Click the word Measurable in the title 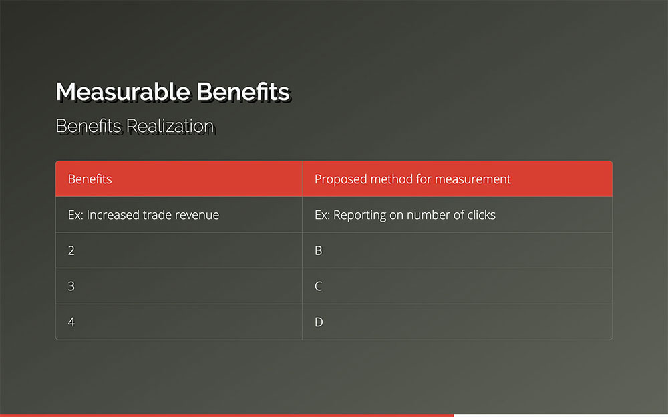123,92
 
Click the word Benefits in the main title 243,92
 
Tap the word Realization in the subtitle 170,126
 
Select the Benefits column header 90,179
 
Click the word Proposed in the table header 341,179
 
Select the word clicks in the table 482,214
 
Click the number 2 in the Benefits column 71,250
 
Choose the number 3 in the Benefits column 71,286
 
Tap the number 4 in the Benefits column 71,322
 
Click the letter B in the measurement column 318,250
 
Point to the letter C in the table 318,286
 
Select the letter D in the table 319,322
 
